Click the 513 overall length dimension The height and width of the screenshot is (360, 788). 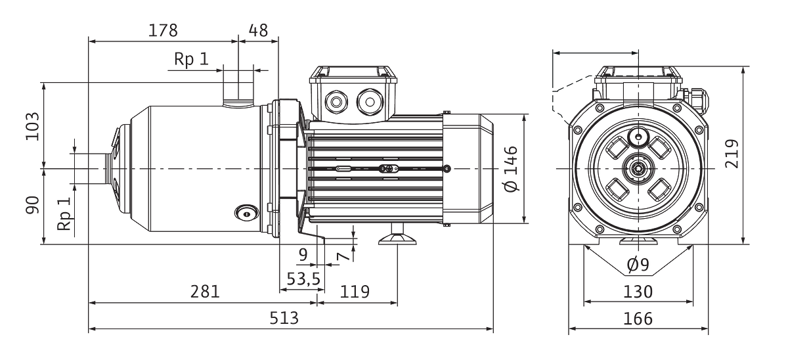(x=284, y=318)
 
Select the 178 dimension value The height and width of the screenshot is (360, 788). (x=163, y=30)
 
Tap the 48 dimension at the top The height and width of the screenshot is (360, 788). (x=259, y=30)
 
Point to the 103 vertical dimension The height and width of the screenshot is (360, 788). (x=32, y=126)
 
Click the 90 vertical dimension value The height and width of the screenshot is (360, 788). (x=32, y=205)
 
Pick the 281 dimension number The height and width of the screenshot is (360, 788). (x=205, y=292)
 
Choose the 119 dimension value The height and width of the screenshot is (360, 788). (x=355, y=292)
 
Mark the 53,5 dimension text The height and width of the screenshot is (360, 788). (x=303, y=279)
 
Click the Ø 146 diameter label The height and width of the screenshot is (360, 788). (x=511, y=169)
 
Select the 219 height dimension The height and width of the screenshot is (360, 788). (x=732, y=154)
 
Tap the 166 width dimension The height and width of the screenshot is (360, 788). (x=638, y=319)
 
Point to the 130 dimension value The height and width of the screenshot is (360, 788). (x=638, y=292)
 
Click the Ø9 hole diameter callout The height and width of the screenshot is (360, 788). (x=638, y=264)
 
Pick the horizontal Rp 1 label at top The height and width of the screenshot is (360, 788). (x=191, y=58)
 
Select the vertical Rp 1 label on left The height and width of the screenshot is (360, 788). (x=64, y=214)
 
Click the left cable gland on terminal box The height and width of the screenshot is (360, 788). (x=336, y=102)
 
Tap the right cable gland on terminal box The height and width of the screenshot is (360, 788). (x=370, y=102)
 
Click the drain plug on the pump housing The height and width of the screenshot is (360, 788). (x=247, y=214)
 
